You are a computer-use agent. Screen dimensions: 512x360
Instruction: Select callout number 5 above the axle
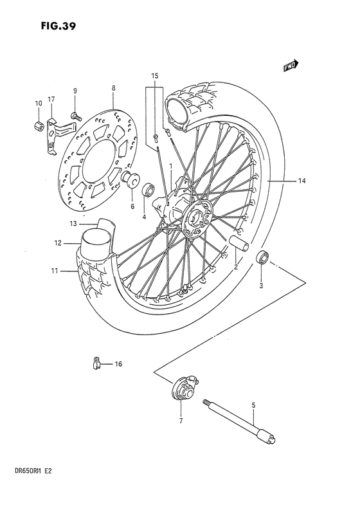253,405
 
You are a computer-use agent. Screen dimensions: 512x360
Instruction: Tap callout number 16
118,364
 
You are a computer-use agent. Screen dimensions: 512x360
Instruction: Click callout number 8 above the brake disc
113,88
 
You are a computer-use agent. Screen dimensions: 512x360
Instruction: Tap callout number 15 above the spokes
154,76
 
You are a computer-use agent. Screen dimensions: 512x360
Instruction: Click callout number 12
58,243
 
